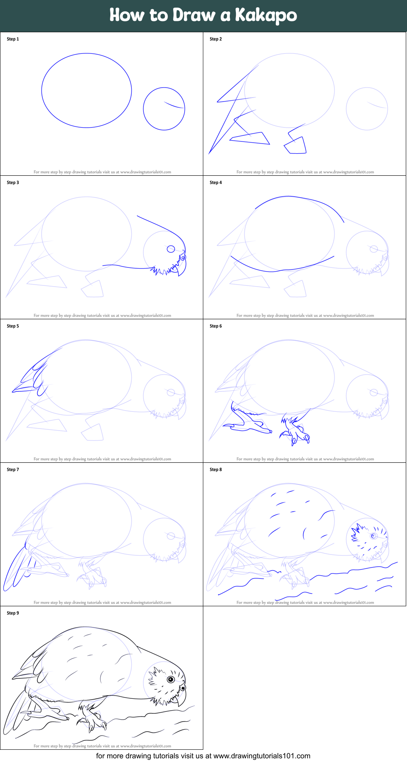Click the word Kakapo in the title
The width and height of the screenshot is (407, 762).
pyautogui.click(x=266, y=15)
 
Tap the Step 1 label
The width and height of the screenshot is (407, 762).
pyautogui.click(x=13, y=39)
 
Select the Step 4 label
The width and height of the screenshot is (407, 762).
pyautogui.click(x=216, y=183)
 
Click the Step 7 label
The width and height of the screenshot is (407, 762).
pyautogui.click(x=13, y=470)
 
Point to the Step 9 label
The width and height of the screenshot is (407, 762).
pyautogui.click(x=13, y=613)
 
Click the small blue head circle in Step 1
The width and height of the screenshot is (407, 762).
pyautogui.click(x=164, y=109)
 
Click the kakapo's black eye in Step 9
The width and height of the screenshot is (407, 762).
pyautogui.click(x=171, y=679)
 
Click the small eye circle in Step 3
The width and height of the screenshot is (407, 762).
pyautogui.click(x=171, y=249)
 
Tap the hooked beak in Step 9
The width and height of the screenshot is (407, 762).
pyautogui.click(x=181, y=698)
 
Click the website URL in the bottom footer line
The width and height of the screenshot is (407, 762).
pyautogui.click(x=262, y=756)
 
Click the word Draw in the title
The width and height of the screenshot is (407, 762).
pyautogui.click(x=194, y=15)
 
